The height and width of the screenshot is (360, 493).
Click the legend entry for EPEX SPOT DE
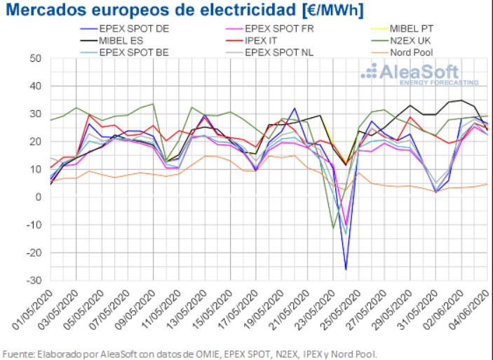pyautogui.click(x=133, y=29)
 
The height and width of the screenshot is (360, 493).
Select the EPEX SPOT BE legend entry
pyautogui.click(x=133, y=51)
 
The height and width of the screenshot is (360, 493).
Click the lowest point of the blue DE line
pyautogui.click(x=346, y=269)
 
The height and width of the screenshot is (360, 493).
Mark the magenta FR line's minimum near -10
pyautogui.click(x=346, y=225)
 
